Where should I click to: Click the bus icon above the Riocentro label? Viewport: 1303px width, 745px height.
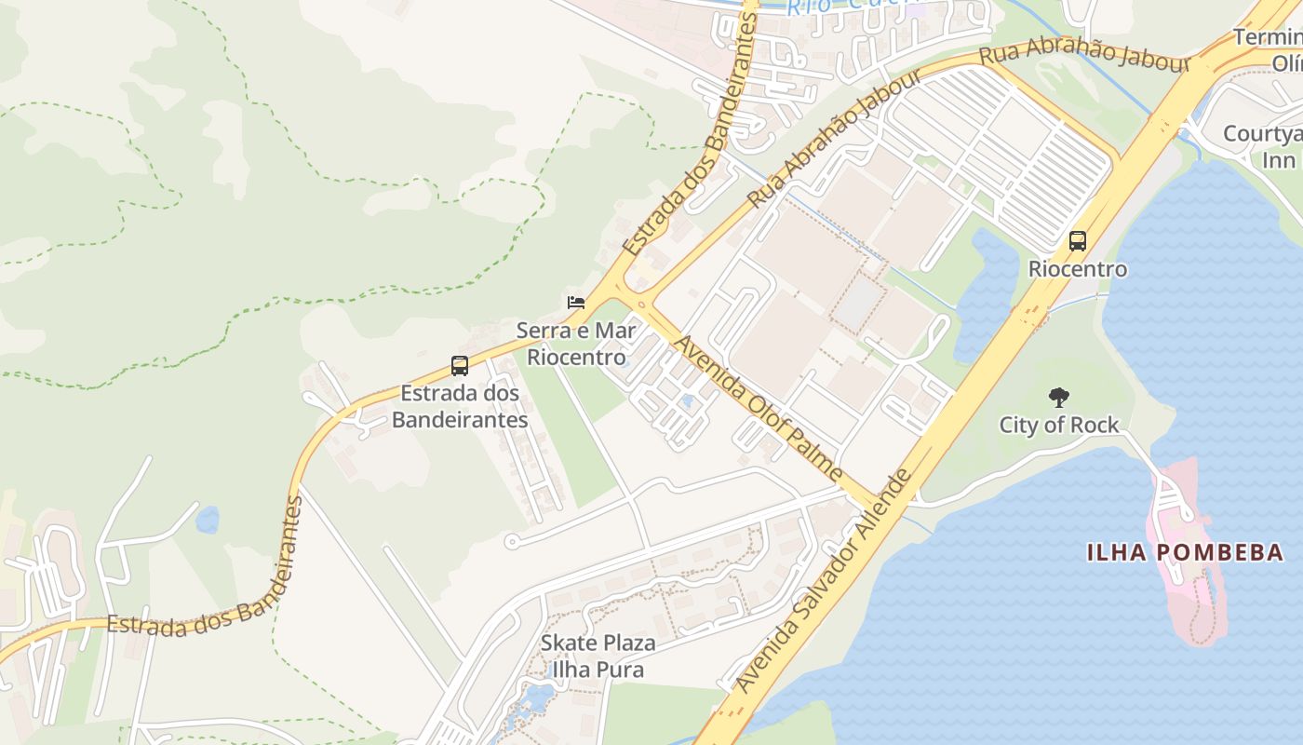pyautogui.click(x=1078, y=241)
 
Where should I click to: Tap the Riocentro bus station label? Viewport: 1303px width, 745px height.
pyautogui.click(x=1078, y=269)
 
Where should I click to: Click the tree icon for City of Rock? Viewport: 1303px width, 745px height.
pyautogui.click(x=1059, y=398)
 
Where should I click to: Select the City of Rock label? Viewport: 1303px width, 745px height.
pyautogui.click(x=1059, y=426)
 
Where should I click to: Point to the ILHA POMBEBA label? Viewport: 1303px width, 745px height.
pyautogui.click(x=1185, y=552)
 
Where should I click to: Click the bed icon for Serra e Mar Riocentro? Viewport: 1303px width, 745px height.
pyautogui.click(x=576, y=303)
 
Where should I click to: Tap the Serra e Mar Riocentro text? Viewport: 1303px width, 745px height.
pyautogui.click(x=576, y=344)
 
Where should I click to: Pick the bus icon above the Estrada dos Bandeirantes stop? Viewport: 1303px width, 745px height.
pyautogui.click(x=460, y=366)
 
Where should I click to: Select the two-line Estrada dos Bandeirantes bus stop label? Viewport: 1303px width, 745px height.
pyautogui.click(x=460, y=406)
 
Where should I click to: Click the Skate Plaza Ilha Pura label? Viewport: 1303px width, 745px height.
pyautogui.click(x=598, y=656)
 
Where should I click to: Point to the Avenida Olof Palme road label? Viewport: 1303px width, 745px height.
pyautogui.click(x=758, y=408)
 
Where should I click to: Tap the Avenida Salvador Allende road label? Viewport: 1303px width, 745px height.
pyautogui.click(x=823, y=582)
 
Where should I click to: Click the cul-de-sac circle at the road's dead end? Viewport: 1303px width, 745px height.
pyautogui.click(x=511, y=541)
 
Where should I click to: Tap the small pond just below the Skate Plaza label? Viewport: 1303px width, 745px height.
pyautogui.click(x=539, y=697)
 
